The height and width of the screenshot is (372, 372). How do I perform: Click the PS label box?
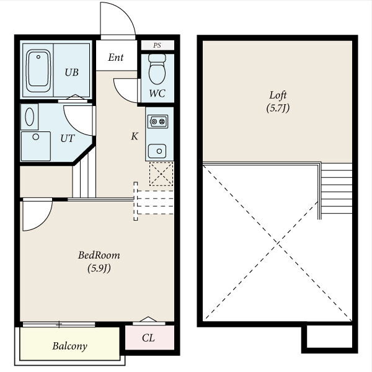point(157,45)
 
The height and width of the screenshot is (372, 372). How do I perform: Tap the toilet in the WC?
point(157,69)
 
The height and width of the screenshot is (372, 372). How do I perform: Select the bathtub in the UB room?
point(38,71)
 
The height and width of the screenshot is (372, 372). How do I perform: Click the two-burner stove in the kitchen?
point(157,122)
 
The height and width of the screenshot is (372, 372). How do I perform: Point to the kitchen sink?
point(157,151)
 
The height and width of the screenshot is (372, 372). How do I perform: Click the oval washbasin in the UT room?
point(29,117)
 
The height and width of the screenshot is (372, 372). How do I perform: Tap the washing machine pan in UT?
point(36,146)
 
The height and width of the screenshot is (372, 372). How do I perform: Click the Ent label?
point(116,57)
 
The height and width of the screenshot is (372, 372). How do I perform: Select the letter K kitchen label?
point(135,136)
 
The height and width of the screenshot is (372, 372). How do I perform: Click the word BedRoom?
point(99,255)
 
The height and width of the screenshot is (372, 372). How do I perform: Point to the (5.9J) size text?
point(99,268)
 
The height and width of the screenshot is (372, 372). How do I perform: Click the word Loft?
point(278,95)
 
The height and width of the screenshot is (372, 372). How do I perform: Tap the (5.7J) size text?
point(278,108)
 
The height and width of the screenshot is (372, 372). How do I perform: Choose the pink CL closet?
point(149,337)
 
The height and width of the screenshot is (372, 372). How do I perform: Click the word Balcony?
point(69,346)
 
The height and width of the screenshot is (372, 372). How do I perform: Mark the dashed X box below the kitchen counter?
point(161,174)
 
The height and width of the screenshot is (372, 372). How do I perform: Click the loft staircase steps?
point(337,188)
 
